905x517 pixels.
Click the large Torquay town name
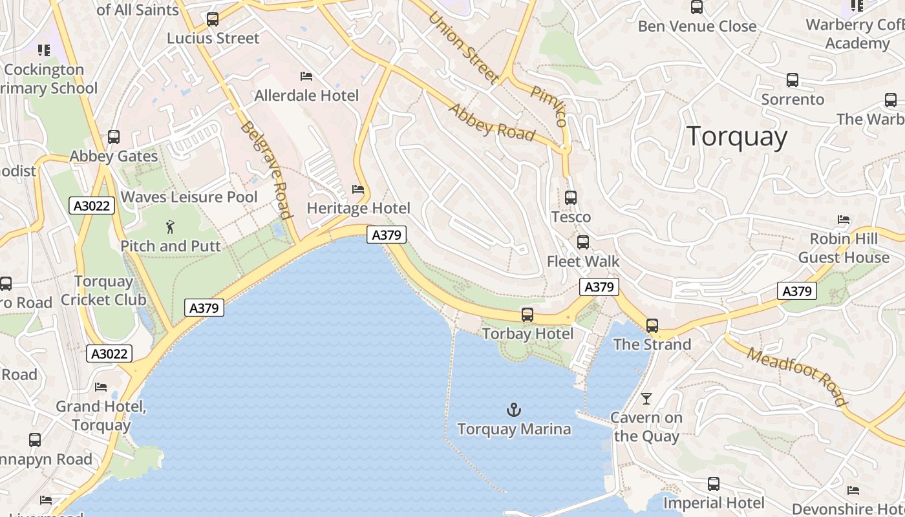pos(737,137)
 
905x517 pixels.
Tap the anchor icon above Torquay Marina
pos(514,410)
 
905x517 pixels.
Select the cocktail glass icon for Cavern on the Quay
pos(646,398)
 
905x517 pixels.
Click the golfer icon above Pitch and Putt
pos(170,227)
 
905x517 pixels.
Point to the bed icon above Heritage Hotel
pos(358,189)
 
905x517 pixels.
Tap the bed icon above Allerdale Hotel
pos(306,76)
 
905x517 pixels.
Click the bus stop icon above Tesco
pos(571,198)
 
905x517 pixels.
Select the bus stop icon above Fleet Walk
pos(583,242)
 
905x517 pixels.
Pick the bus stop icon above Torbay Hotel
pos(527,315)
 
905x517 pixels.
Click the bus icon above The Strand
pos(652,325)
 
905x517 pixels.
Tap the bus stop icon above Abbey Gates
pos(114,137)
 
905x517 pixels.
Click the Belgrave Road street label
pos(265,169)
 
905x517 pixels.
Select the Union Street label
pos(463,48)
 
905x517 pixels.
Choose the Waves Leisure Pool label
pos(189,197)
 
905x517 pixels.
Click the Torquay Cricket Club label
pos(103,291)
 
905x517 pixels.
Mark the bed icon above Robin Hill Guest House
pos(844,220)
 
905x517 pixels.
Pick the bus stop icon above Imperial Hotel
pos(714,484)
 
